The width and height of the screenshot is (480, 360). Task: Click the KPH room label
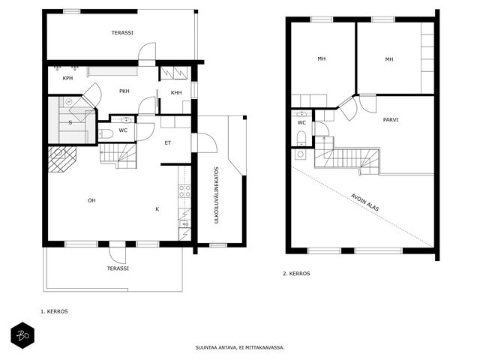[x=67, y=78]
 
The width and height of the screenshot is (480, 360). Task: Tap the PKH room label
[x=124, y=91]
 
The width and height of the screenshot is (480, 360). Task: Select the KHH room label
[x=176, y=93]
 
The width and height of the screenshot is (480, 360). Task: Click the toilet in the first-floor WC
[x=105, y=133]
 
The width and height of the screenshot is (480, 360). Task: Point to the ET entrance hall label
[x=168, y=143]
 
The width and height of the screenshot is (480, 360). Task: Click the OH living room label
[x=91, y=200]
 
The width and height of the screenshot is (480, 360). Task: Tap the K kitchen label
[x=157, y=209]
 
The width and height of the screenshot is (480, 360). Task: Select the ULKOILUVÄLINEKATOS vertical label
[x=217, y=195]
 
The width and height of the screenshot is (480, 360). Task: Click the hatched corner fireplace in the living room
[x=61, y=159]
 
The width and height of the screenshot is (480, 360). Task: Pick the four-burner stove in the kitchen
[x=185, y=191]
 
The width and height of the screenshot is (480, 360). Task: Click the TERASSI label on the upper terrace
[x=122, y=33]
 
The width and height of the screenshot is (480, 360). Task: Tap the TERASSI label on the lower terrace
[x=118, y=268]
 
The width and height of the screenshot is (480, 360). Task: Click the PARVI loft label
[x=391, y=120]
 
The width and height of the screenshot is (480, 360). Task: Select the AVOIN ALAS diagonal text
[x=365, y=202]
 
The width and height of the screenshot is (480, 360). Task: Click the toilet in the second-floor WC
[x=301, y=138]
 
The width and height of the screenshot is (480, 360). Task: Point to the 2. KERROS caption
[x=296, y=274]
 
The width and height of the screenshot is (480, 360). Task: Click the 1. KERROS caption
[x=54, y=312]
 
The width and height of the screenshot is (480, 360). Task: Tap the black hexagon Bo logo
[x=22, y=335]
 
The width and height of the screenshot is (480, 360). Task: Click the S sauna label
[x=70, y=123]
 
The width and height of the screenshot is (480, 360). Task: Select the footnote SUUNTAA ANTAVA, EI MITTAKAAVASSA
[x=240, y=348]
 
